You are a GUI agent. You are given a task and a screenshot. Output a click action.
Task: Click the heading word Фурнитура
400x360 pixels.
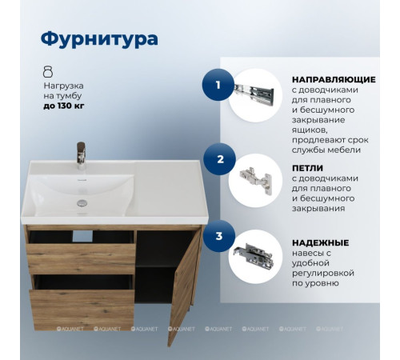pos(98,38)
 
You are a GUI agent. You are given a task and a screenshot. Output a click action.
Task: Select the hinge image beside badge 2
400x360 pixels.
pos(256,180)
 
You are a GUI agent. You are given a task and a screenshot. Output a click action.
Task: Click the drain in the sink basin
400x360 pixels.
pos(81,204)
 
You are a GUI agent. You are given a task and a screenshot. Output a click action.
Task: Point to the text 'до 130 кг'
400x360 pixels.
pos(64,106)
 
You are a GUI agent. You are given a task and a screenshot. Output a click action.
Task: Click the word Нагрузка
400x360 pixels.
pos(64,85)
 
